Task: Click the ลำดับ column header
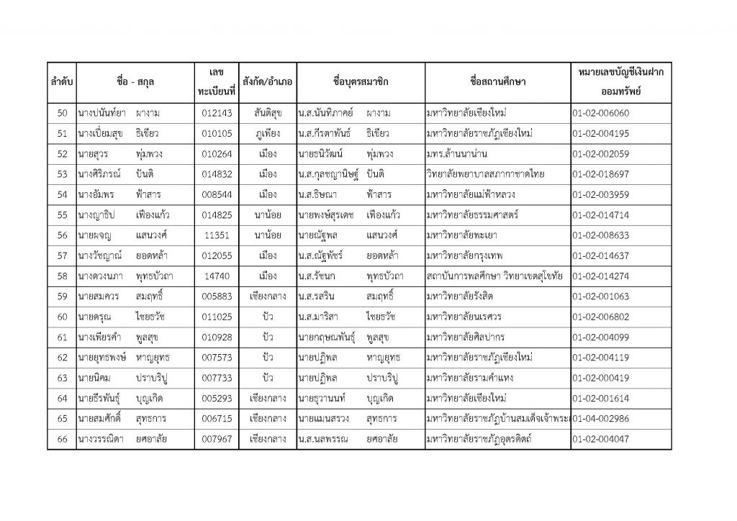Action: tap(60, 81)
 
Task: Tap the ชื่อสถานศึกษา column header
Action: tap(497, 81)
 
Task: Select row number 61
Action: tap(61, 336)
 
